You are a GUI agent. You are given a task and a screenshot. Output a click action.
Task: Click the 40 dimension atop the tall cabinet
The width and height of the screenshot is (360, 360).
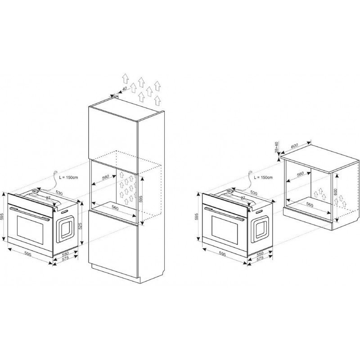pos(125,89)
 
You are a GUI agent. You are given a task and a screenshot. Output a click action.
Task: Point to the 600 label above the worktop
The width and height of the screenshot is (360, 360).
pos(294,145)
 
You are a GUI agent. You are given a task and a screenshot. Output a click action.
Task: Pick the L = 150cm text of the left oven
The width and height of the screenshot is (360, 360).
pos(68,177)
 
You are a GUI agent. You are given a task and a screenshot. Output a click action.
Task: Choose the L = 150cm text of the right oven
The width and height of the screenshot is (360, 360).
pos(263,177)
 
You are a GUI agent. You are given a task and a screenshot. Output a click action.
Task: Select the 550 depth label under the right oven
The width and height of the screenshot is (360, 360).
pos(260,254)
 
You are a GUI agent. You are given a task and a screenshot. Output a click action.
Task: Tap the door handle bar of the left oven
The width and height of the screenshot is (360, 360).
pos(29,214)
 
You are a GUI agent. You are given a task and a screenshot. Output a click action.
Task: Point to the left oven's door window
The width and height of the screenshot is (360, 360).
pos(30,230)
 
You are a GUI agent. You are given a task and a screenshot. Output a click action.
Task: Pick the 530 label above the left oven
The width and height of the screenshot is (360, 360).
pos(59,193)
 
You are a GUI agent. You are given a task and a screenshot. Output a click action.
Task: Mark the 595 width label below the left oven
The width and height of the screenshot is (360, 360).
pos(27,254)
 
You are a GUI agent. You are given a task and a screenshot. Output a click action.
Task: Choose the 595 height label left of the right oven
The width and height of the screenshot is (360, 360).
pos(197,217)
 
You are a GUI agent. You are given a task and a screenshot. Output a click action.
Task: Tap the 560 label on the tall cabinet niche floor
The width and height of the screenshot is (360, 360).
pos(115,208)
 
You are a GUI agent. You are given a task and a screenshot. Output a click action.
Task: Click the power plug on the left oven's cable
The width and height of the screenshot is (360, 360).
pos(55,171)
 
